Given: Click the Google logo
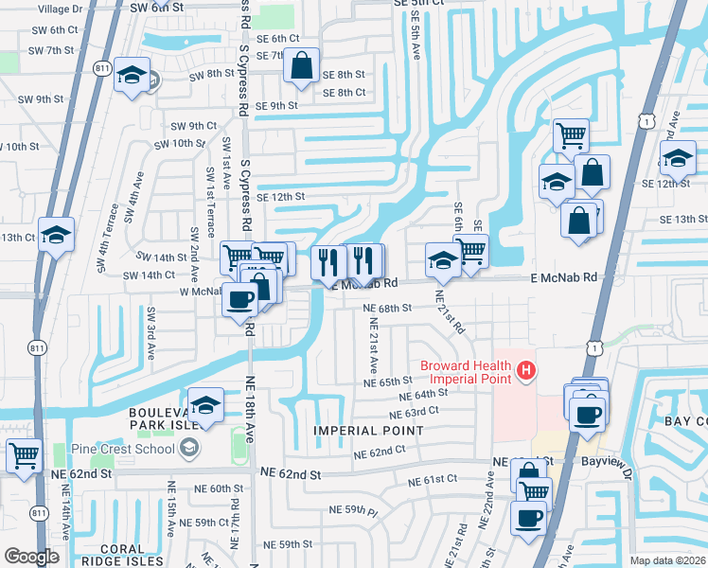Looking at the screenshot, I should click(x=31, y=557).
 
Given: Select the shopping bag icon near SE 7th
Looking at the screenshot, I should click(x=301, y=66).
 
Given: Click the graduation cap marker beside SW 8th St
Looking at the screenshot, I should click(x=131, y=74).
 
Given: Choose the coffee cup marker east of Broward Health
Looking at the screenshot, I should click(x=587, y=414).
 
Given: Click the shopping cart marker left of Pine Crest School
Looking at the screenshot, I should click(x=24, y=455).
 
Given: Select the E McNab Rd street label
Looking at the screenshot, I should click(x=564, y=277).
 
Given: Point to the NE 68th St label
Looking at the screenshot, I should click(x=388, y=308).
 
